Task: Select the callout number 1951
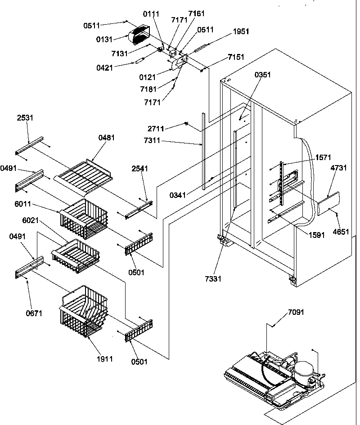point(241,31)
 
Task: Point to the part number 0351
point(263,75)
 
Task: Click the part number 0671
point(34,313)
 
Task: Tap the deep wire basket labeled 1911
point(82,310)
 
